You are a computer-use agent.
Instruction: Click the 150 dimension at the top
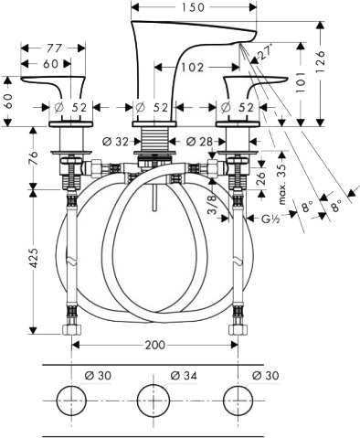[194, 7]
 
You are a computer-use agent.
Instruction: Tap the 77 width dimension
[55, 48]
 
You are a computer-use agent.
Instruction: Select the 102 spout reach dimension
[192, 67]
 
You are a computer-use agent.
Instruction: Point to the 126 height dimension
[320, 61]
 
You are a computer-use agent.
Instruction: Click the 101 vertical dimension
[301, 82]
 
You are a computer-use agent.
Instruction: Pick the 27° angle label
[265, 52]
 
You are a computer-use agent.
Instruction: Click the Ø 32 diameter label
[116, 141]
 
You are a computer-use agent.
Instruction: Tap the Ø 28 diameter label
[200, 141]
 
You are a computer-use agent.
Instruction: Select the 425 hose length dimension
[34, 258]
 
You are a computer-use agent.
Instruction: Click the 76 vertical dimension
[34, 158]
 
